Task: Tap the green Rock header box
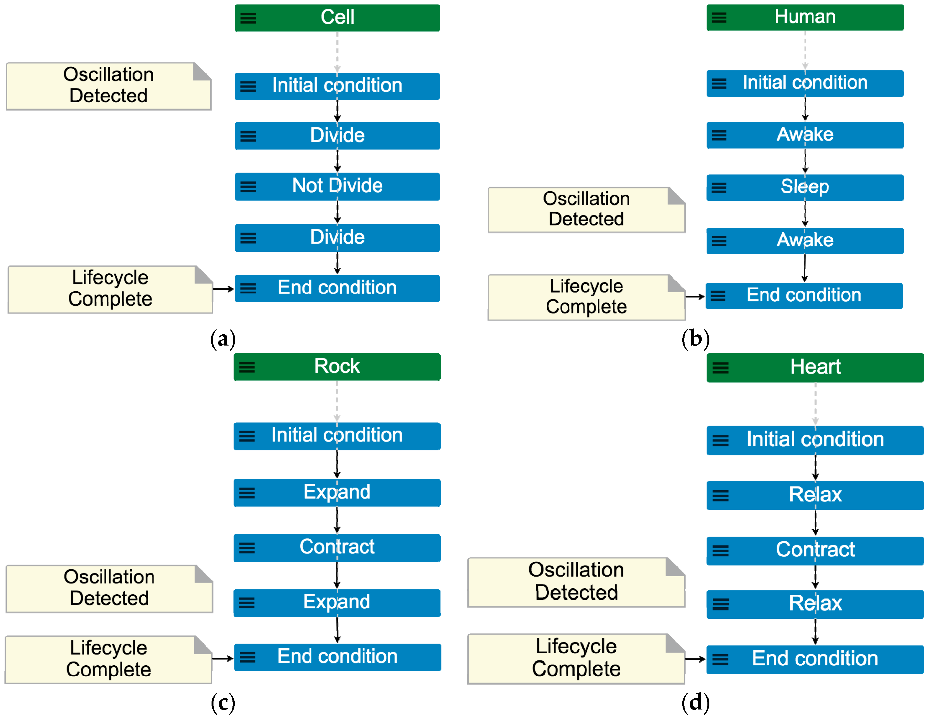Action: [x=337, y=366]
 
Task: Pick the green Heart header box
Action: [x=815, y=367]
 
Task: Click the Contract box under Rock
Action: [x=337, y=547]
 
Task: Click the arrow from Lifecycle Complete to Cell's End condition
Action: [x=223, y=289]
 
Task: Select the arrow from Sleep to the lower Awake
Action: [x=805, y=214]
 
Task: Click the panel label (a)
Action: [x=223, y=339]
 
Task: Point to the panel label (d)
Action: [x=695, y=703]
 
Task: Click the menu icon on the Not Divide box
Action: [x=248, y=187]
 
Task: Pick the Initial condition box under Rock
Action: [x=337, y=436]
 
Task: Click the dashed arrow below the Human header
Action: [x=805, y=50]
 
